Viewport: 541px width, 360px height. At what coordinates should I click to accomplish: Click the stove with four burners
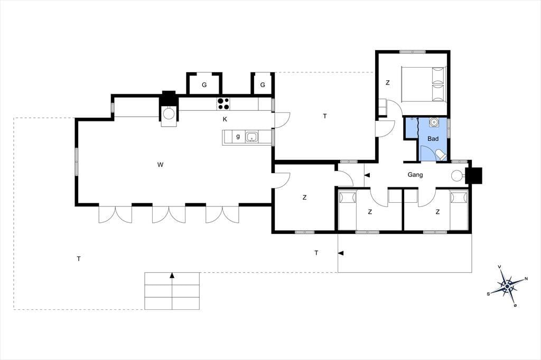pyautogui.click(x=223, y=104)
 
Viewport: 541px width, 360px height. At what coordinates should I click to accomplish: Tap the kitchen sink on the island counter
pyautogui.click(x=253, y=137)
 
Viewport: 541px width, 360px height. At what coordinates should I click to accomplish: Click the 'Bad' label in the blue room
pyautogui.click(x=433, y=139)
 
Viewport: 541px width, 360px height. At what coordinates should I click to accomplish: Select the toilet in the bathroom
pyautogui.click(x=441, y=155)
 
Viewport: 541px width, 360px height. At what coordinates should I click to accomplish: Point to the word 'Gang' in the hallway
pyautogui.click(x=415, y=175)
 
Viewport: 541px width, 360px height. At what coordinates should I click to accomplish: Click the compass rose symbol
pyautogui.click(x=507, y=286)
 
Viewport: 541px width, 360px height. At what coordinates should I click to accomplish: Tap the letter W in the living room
pyautogui.click(x=160, y=165)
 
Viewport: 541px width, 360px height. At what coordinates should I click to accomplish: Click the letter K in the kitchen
pyautogui.click(x=225, y=119)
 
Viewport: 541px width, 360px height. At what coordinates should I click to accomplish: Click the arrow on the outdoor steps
pyautogui.click(x=172, y=275)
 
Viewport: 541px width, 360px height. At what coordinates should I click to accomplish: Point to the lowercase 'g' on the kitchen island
pyautogui.click(x=238, y=136)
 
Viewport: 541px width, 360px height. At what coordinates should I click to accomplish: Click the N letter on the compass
pyautogui.click(x=526, y=279)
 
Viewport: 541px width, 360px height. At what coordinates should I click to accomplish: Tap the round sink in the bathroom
pyautogui.click(x=433, y=122)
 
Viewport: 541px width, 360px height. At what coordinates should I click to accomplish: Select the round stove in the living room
pyautogui.click(x=169, y=113)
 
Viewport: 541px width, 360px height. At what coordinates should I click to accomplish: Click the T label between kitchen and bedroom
pyautogui.click(x=325, y=116)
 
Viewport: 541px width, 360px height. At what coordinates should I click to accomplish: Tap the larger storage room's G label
pyautogui.click(x=204, y=85)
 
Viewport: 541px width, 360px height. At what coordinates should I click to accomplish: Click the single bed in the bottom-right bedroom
pyautogui.click(x=459, y=210)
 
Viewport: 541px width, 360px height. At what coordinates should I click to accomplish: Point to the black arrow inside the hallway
pyautogui.click(x=367, y=175)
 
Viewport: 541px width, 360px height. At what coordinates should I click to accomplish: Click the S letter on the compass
pyautogui.click(x=489, y=294)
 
